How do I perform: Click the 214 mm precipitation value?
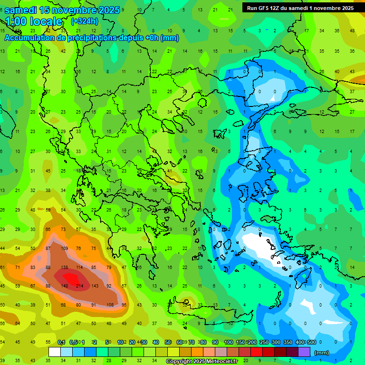79,286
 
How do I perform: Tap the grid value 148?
65,286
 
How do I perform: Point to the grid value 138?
65,268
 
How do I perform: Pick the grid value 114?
79,268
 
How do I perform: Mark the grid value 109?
65,249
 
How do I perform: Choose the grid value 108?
110,305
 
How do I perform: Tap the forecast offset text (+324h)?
84,21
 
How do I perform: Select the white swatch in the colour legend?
55,352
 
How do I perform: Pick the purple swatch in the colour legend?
304,352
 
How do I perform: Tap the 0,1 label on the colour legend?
61,342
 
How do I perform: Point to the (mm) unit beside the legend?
322,353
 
